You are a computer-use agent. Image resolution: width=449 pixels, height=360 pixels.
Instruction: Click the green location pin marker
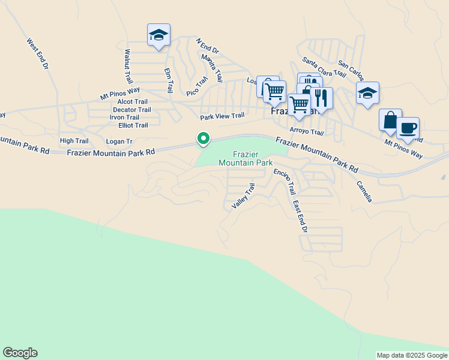tap(203, 139)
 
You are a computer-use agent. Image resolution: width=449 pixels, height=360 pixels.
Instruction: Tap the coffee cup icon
tap(408, 128)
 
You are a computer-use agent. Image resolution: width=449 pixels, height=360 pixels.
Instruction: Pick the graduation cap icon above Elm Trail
tap(158, 35)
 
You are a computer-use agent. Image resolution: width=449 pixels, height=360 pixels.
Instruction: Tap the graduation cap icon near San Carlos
tap(367, 93)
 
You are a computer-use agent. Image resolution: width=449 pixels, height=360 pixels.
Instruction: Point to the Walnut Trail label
tap(127, 67)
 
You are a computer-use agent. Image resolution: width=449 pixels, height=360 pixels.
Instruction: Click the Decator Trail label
tap(132, 110)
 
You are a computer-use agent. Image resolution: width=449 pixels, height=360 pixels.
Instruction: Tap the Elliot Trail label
tap(133, 125)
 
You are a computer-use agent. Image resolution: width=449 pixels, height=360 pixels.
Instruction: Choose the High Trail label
tap(74, 141)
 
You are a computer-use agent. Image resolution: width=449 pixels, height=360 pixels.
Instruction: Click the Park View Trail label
tap(222, 116)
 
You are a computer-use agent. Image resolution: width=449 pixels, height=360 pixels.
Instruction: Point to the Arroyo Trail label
tap(306, 132)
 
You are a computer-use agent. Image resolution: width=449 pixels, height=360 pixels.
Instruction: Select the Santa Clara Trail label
tap(324, 67)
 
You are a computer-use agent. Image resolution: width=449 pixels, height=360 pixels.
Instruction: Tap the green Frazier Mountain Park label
tap(246, 158)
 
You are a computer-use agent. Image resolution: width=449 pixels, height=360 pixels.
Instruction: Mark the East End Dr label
tap(300, 217)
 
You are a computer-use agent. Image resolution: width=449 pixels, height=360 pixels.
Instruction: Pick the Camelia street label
tap(364, 191)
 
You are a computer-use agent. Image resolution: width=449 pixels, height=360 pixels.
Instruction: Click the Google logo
tap(20, 353)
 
